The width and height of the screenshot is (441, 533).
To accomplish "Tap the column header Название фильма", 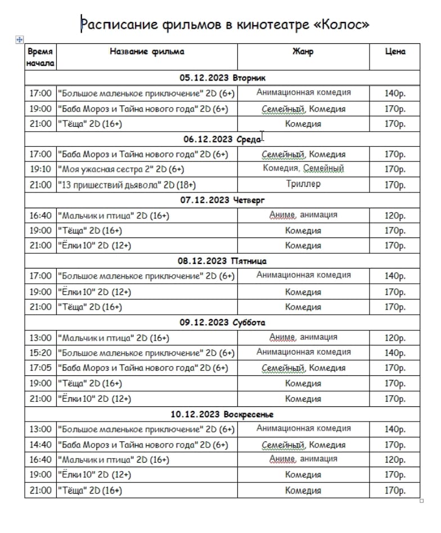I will click(147, 52).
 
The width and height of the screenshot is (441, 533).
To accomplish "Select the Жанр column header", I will click(303, 52).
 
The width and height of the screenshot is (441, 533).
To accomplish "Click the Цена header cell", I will click(395, 52).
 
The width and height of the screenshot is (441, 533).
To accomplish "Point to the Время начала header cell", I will click(40, 57).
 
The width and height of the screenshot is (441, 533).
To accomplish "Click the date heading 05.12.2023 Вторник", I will click(222, 78).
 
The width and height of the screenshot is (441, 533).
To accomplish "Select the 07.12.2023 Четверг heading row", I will click(222, 200).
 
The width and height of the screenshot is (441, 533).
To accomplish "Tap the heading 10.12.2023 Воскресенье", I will click(222, 414).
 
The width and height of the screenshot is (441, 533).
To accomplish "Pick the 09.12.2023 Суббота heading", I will click(222, 323).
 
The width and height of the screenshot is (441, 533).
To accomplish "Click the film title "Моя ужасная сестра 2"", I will click(120, 169).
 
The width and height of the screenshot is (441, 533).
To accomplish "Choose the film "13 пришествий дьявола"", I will click(127, 185).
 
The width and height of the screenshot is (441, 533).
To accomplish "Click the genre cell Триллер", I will click(303, 184).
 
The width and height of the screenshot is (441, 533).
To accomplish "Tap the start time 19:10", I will click(40, 169).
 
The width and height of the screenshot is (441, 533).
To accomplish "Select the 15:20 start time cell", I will click(40, 353).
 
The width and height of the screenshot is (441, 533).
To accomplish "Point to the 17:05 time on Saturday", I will click(40, 368).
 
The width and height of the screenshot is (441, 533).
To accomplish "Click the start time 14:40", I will click(40, 445).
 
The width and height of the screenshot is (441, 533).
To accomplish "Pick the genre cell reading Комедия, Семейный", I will click(303, 168).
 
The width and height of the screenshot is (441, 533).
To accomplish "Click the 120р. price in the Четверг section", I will click(395, 216).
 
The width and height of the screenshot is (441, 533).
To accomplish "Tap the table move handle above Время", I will click(20, 39).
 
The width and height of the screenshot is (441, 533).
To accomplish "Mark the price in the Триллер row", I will click(395, 185).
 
